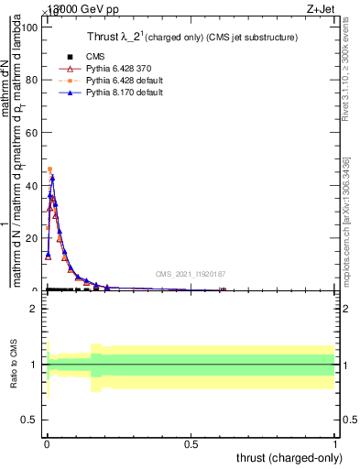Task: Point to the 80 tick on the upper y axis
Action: click(x=29, y=80)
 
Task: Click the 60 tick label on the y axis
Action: click(x=29, y=133)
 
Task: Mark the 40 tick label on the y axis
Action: click(x=29, y=185)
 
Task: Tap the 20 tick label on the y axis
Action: click(x=29, y=238)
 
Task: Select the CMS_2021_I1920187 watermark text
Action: click(x=190, y=273)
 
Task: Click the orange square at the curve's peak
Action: click(x=50, y=169)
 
